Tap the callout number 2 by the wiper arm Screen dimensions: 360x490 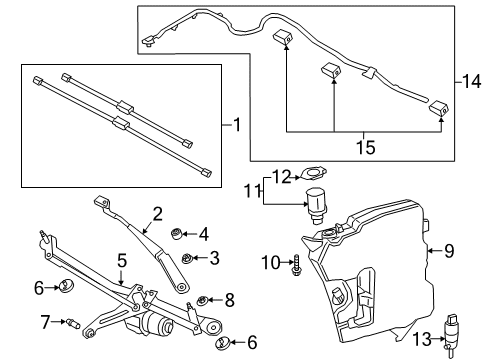pos(157,212)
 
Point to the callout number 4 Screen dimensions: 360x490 pos(203,235)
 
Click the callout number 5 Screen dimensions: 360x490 pos(122,261)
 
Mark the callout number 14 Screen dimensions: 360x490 pos(473,79)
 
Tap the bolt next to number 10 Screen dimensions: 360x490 pos(296,264)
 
